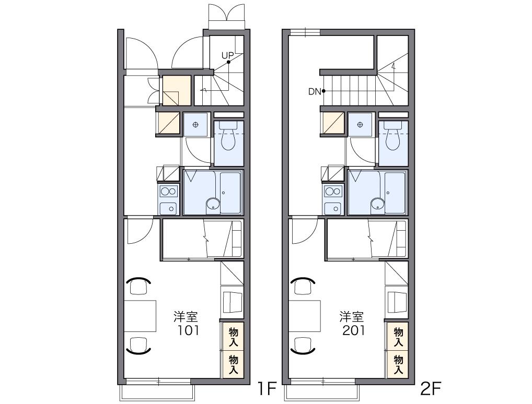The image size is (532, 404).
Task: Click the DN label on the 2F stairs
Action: [315, 91]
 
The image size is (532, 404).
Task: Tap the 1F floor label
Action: [267, 389]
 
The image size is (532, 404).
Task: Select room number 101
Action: [189, 330]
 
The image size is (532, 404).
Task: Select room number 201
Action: [354, 330]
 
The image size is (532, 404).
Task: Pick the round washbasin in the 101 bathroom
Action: [213, 204]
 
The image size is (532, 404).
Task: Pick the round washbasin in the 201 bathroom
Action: [378, 204]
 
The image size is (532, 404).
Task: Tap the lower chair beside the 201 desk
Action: [303, 346]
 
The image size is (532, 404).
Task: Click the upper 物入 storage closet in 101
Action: [233, 337]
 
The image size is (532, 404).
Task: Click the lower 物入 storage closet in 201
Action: [398, 365]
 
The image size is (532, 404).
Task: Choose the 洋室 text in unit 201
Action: [351, 316]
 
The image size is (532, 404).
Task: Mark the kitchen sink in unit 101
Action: [168, 208]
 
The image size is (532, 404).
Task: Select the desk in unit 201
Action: [305, 316]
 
